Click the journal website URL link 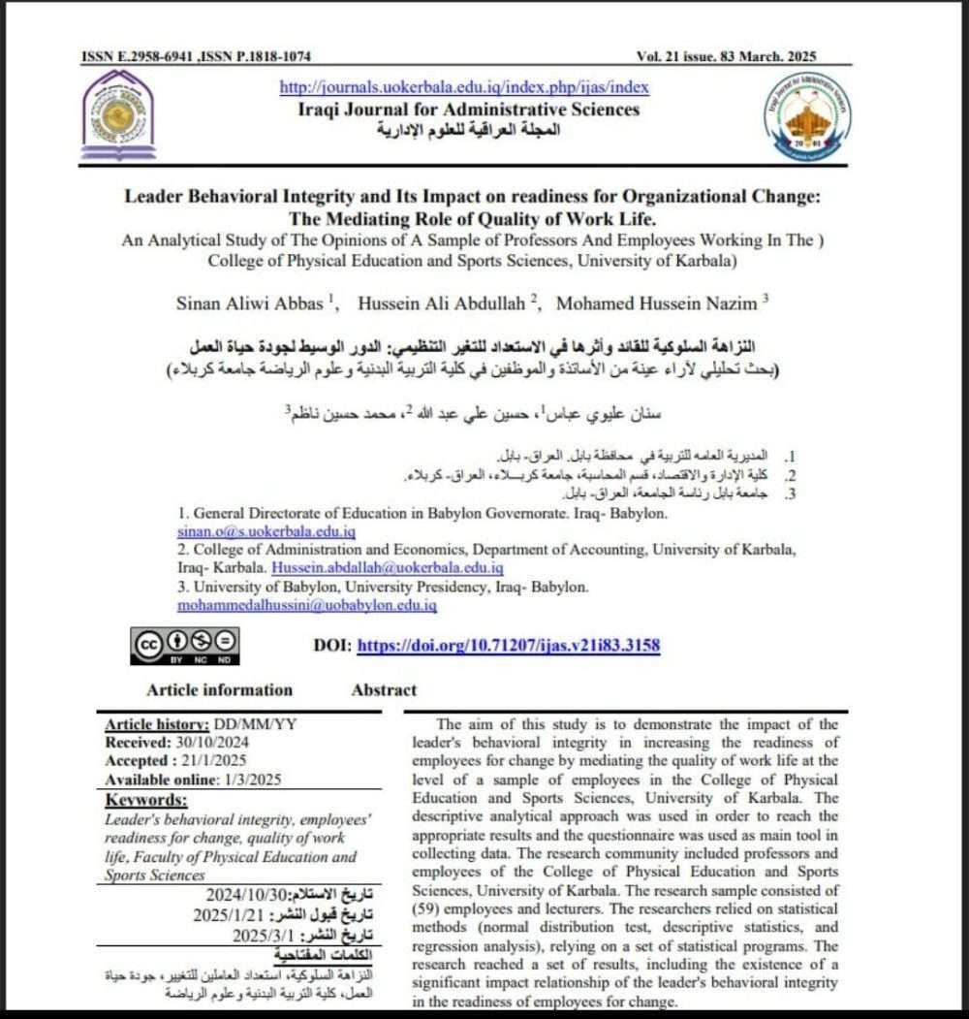tap(464, 87)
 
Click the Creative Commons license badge tap(185, 646)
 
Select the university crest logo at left tap(118, 114)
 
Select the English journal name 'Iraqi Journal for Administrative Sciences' tap(469, 109)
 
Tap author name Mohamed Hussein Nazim tap(656, 303)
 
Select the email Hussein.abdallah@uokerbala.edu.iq tap(387, 568)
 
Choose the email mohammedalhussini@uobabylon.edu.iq tap(306, 605)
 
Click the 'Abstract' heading tap(384, 690)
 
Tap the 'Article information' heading tap(219, 690)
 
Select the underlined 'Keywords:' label tap(146, 800)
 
